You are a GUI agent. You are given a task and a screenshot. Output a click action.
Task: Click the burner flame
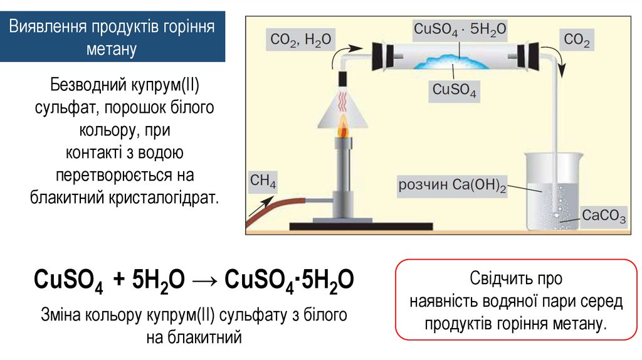(343, 130)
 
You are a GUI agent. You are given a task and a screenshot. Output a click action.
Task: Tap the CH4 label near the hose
(263, 183)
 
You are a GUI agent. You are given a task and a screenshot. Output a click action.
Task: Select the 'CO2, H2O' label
(300, 40)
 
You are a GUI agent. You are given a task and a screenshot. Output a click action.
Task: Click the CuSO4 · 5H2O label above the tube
(460, 29)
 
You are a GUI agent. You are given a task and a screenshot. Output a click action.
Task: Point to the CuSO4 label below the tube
(455, 90)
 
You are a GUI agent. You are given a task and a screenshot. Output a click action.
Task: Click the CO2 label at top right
(577, 40)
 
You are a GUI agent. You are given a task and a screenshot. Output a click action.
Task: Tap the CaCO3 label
(604, 216)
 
